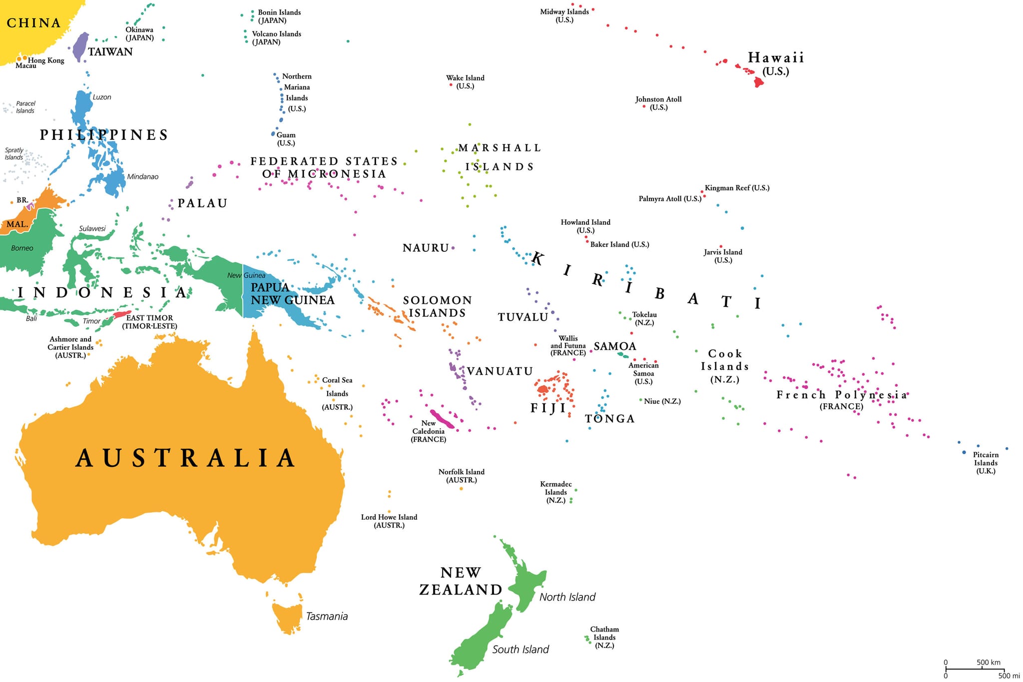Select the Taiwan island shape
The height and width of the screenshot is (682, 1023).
[x=80, y=46]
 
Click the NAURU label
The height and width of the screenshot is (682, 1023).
[x=426, y=248]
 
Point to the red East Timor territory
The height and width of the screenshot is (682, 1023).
[x=121, y=315]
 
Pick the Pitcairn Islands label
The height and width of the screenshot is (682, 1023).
[x=986, y=462]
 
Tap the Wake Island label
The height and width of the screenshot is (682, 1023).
[x=465, y=81]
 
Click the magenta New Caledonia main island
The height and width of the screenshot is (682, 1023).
[x=442, y=419]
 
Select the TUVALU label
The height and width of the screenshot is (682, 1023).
[x=522, y=317]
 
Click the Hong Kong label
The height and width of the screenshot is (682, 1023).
[x=46, y=60]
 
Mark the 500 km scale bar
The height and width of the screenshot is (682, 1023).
[x=974, y=669]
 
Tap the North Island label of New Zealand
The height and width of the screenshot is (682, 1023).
[x=567, y=597]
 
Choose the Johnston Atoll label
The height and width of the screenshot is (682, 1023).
[x=658, y=103]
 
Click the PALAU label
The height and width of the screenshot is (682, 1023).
[x=202, y=203]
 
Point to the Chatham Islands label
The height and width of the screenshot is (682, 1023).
[x=604, y=637]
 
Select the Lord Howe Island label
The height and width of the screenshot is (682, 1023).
[x=389, y=521]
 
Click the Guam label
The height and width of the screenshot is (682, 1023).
[x=286, y=138]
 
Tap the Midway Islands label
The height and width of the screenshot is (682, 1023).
[x=564, y=15]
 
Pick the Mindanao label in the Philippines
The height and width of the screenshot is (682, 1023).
[x=142, y=176]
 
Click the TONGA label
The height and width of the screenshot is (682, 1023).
[x=609, y=419]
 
